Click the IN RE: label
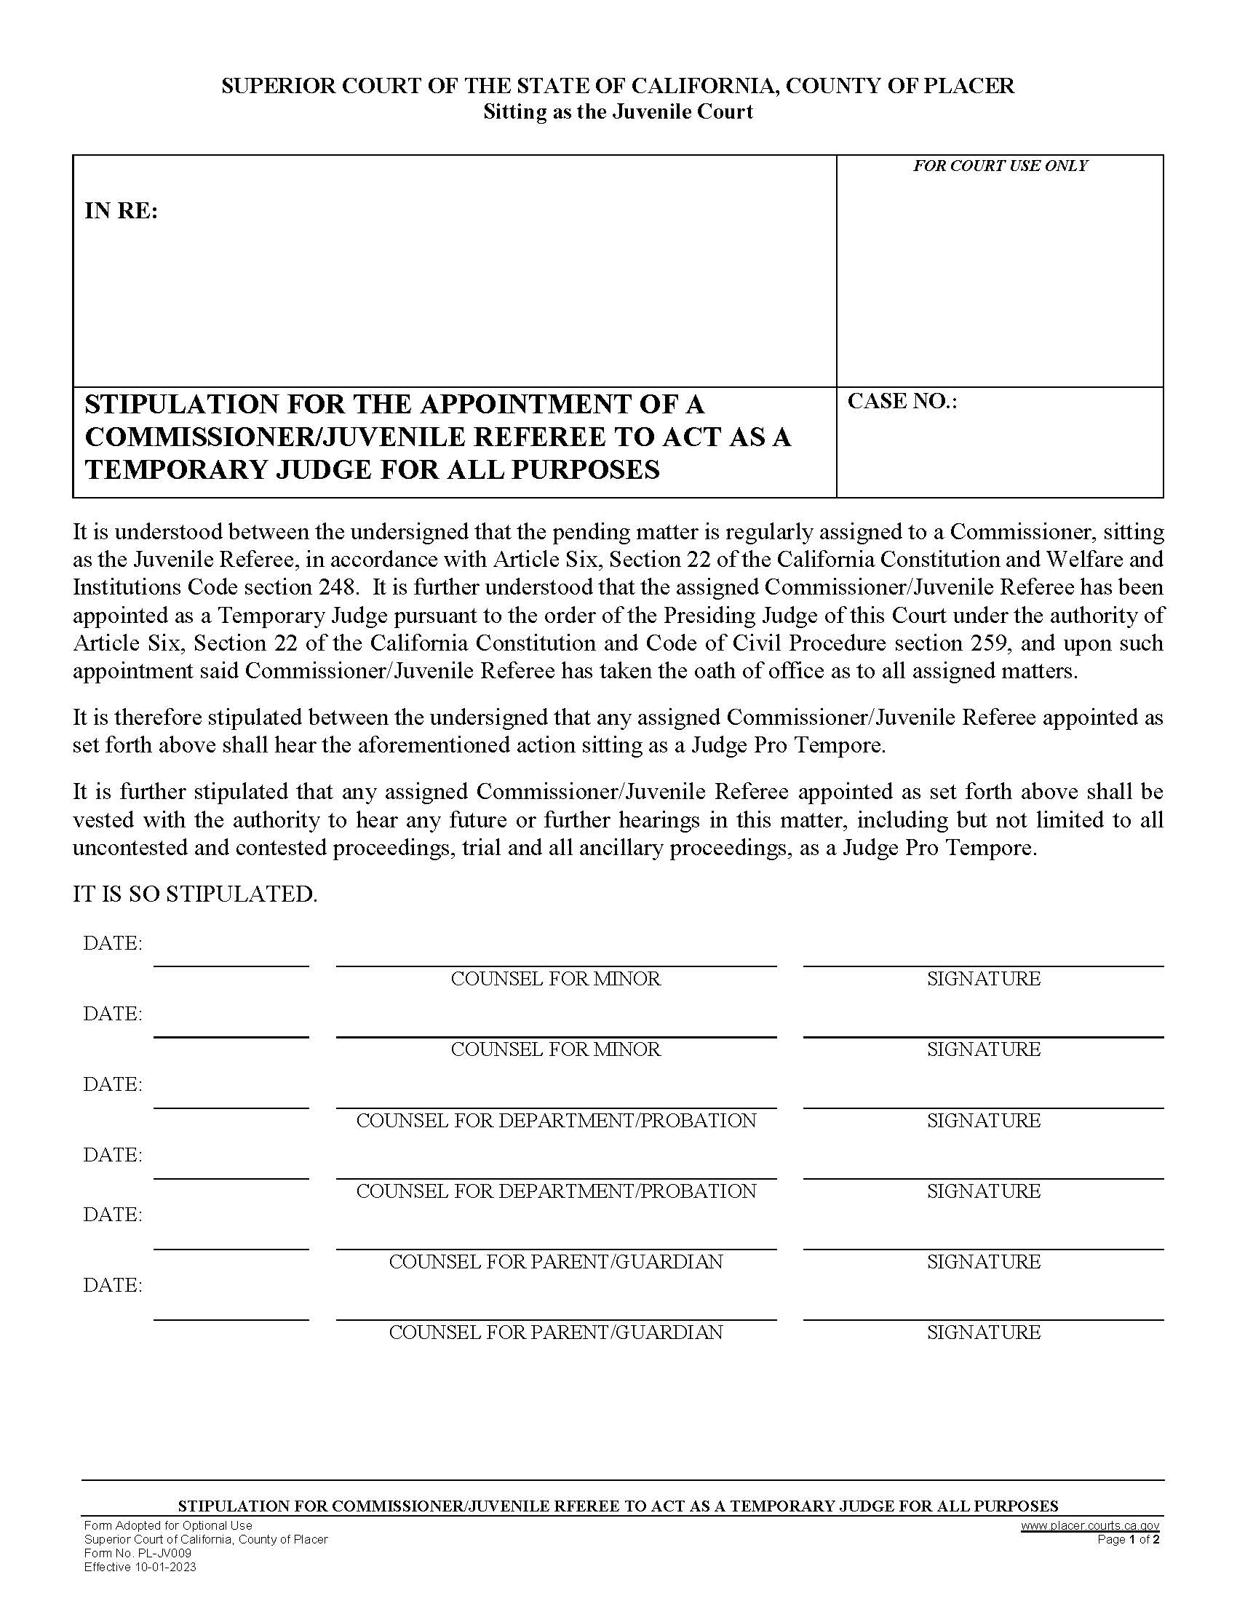[121, 212]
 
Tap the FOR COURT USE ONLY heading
[1000, 167]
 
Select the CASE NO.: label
[902, 402]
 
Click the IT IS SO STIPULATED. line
[195, 894]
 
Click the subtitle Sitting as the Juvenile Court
[618, 112]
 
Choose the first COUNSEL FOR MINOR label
[555, 980]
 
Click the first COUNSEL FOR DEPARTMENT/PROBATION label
[555, 1121]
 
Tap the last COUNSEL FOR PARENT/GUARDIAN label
[555, 1332]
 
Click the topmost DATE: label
[113, 943]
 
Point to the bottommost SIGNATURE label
[984, 1332]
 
